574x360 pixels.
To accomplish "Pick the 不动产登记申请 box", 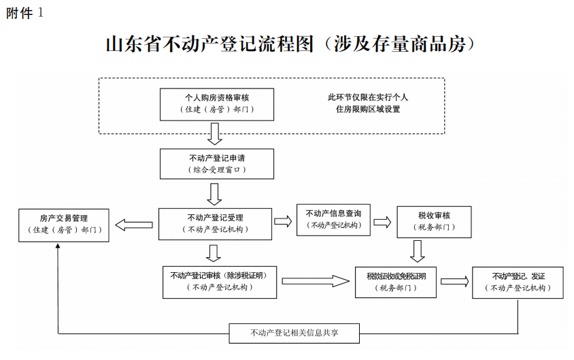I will tap(217, 163).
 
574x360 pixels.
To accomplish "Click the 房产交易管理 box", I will tap(63, 224).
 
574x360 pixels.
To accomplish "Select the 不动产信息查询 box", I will tap(333, 219).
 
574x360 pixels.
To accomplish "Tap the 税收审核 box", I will tap(434, 221).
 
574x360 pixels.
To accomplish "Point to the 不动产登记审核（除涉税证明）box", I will tap(220, 282).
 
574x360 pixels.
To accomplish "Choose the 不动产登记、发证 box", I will tap(518, 282).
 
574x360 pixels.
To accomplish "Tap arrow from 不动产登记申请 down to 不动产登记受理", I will tap(215, 193).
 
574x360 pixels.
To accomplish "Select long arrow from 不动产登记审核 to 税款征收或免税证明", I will tap(316, 281).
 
